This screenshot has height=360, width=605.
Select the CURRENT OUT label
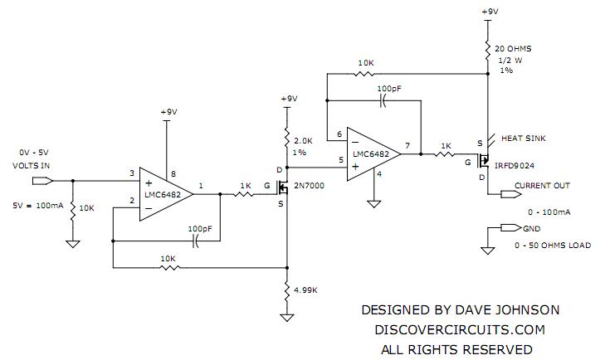(x=542, y=185)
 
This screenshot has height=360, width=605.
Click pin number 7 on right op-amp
(x=408, y=146)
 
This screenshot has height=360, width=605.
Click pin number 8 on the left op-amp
(x=173, y=173)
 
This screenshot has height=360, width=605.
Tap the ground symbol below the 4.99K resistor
(x=286, y=317)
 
